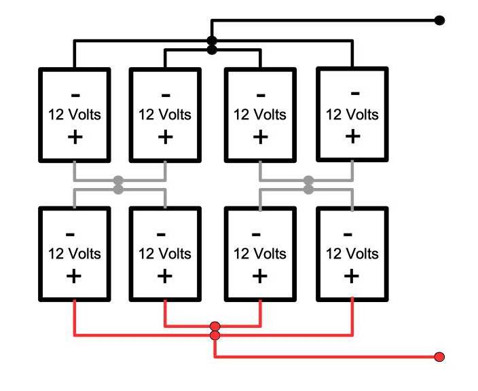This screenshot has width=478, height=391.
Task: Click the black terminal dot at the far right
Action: point(439,20)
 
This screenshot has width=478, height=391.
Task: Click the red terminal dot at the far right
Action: point(439,357)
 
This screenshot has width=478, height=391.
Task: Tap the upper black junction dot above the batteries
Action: point(212,41)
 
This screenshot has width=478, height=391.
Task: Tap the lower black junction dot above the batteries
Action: point(212,50)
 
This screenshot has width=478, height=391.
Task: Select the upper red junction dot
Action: point(215,327)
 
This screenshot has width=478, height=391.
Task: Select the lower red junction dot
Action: point(215,335)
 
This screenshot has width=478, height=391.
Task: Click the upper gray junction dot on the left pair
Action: point(118,181)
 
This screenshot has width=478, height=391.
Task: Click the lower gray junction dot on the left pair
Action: point(118,189)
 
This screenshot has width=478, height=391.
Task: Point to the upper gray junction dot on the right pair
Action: point(309,181)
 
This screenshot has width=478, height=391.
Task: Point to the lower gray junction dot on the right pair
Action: point(309,189)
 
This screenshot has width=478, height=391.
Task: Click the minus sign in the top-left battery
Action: point(74,94)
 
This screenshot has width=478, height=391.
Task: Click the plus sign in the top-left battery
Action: point(74,136)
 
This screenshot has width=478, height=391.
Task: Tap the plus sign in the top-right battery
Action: point(352,136)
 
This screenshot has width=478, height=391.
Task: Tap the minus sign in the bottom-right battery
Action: point(348,235)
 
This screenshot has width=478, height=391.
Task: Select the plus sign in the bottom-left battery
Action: point(74,276)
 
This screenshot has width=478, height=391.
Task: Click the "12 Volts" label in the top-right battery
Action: point(352,114)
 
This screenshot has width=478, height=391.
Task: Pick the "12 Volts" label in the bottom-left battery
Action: point(74,255)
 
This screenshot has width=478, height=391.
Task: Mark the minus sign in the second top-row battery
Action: point(165,94)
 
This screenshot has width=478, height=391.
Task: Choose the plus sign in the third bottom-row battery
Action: point(259,276)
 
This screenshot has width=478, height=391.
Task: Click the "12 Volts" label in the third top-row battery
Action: point(260,115)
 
